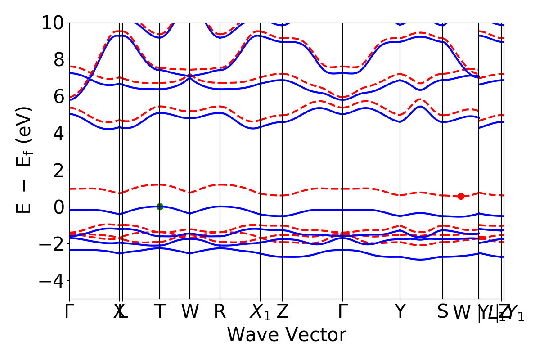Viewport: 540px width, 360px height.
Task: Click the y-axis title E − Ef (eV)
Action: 25,160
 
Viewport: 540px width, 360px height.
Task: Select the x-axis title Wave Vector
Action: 287,335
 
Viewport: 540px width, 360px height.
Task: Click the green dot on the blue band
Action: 160,207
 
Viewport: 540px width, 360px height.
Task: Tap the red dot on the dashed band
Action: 461,196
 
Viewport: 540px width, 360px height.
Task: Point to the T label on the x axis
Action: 160,311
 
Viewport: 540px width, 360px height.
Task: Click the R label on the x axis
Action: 220,311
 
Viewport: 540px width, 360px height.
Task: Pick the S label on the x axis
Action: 443,311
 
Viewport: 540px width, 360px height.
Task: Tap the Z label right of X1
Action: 282,311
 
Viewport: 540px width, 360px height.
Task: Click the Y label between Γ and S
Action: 400,311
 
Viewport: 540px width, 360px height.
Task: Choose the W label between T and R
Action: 190,311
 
